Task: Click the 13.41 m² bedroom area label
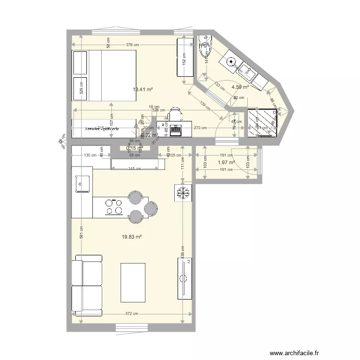tap(143, 89)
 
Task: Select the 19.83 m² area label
tap(132, 237)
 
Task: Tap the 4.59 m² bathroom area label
tap(240, 87)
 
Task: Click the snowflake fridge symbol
tap(182, 193)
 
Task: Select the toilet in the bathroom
tap(205, 47)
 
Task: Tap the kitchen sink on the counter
tap(82, 183)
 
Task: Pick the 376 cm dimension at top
tap(132, 45)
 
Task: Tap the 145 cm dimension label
tap(134, 169)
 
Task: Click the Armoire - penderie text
tap(102, 129)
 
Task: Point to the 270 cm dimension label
tap(200, 128)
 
